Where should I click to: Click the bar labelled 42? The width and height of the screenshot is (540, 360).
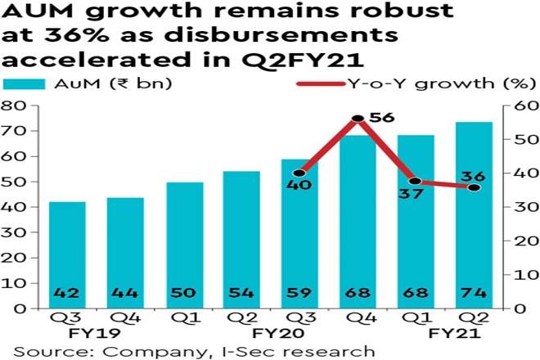pyautogui.click(x=67, y=254)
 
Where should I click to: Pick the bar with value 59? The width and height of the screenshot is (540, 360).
pyautogui.click(x=299, y=233)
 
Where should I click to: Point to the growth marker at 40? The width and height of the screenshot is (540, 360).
pyautogui.click(x=299, y=173)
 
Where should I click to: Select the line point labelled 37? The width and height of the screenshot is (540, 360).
pyautogui.click(x=416, y=181)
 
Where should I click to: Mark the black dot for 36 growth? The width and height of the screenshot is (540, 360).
pyautogui.click(x=474, y=187)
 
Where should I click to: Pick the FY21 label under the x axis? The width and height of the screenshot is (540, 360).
pyautogui.click(x=446, y=335)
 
